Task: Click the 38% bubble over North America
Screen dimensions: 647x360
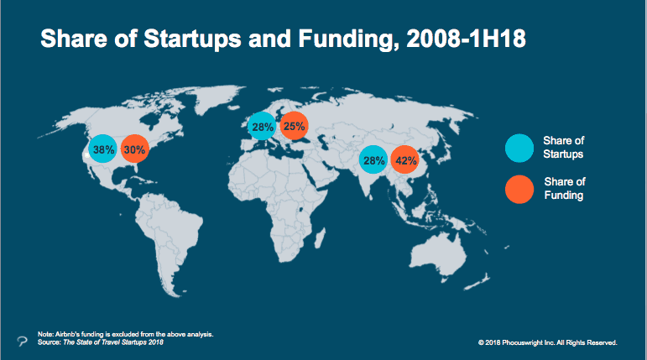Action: point(102,149)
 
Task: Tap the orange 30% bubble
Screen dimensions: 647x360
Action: point(135,149)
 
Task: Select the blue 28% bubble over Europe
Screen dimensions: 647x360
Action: point(262,126)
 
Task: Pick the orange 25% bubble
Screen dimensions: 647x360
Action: point(295,126)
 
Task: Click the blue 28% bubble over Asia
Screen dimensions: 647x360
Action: point(373,159)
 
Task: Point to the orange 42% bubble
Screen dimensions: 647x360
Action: point(405,159)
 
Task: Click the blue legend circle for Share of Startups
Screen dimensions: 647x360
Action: point(519,149)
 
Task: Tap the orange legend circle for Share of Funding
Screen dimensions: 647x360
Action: point(519,190)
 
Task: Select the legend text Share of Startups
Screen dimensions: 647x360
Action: point(563,148)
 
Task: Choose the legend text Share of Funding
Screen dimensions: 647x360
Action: point(565,188)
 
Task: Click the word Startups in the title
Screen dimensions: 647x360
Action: point(192,39)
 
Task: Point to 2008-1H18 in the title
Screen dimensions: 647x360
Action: point(466,39)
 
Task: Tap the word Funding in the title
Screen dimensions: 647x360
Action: point(348,39)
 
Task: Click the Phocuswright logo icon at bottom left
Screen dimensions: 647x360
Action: point(23,341)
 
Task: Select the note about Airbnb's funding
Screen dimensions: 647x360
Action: point(125,334)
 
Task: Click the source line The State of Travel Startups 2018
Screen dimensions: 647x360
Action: point(100,342)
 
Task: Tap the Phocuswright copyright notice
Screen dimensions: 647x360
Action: point(547,342)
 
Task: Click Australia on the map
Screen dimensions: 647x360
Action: point(438,255)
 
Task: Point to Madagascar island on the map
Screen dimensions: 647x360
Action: point(320,238)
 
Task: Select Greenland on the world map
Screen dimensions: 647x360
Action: point(219,97)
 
